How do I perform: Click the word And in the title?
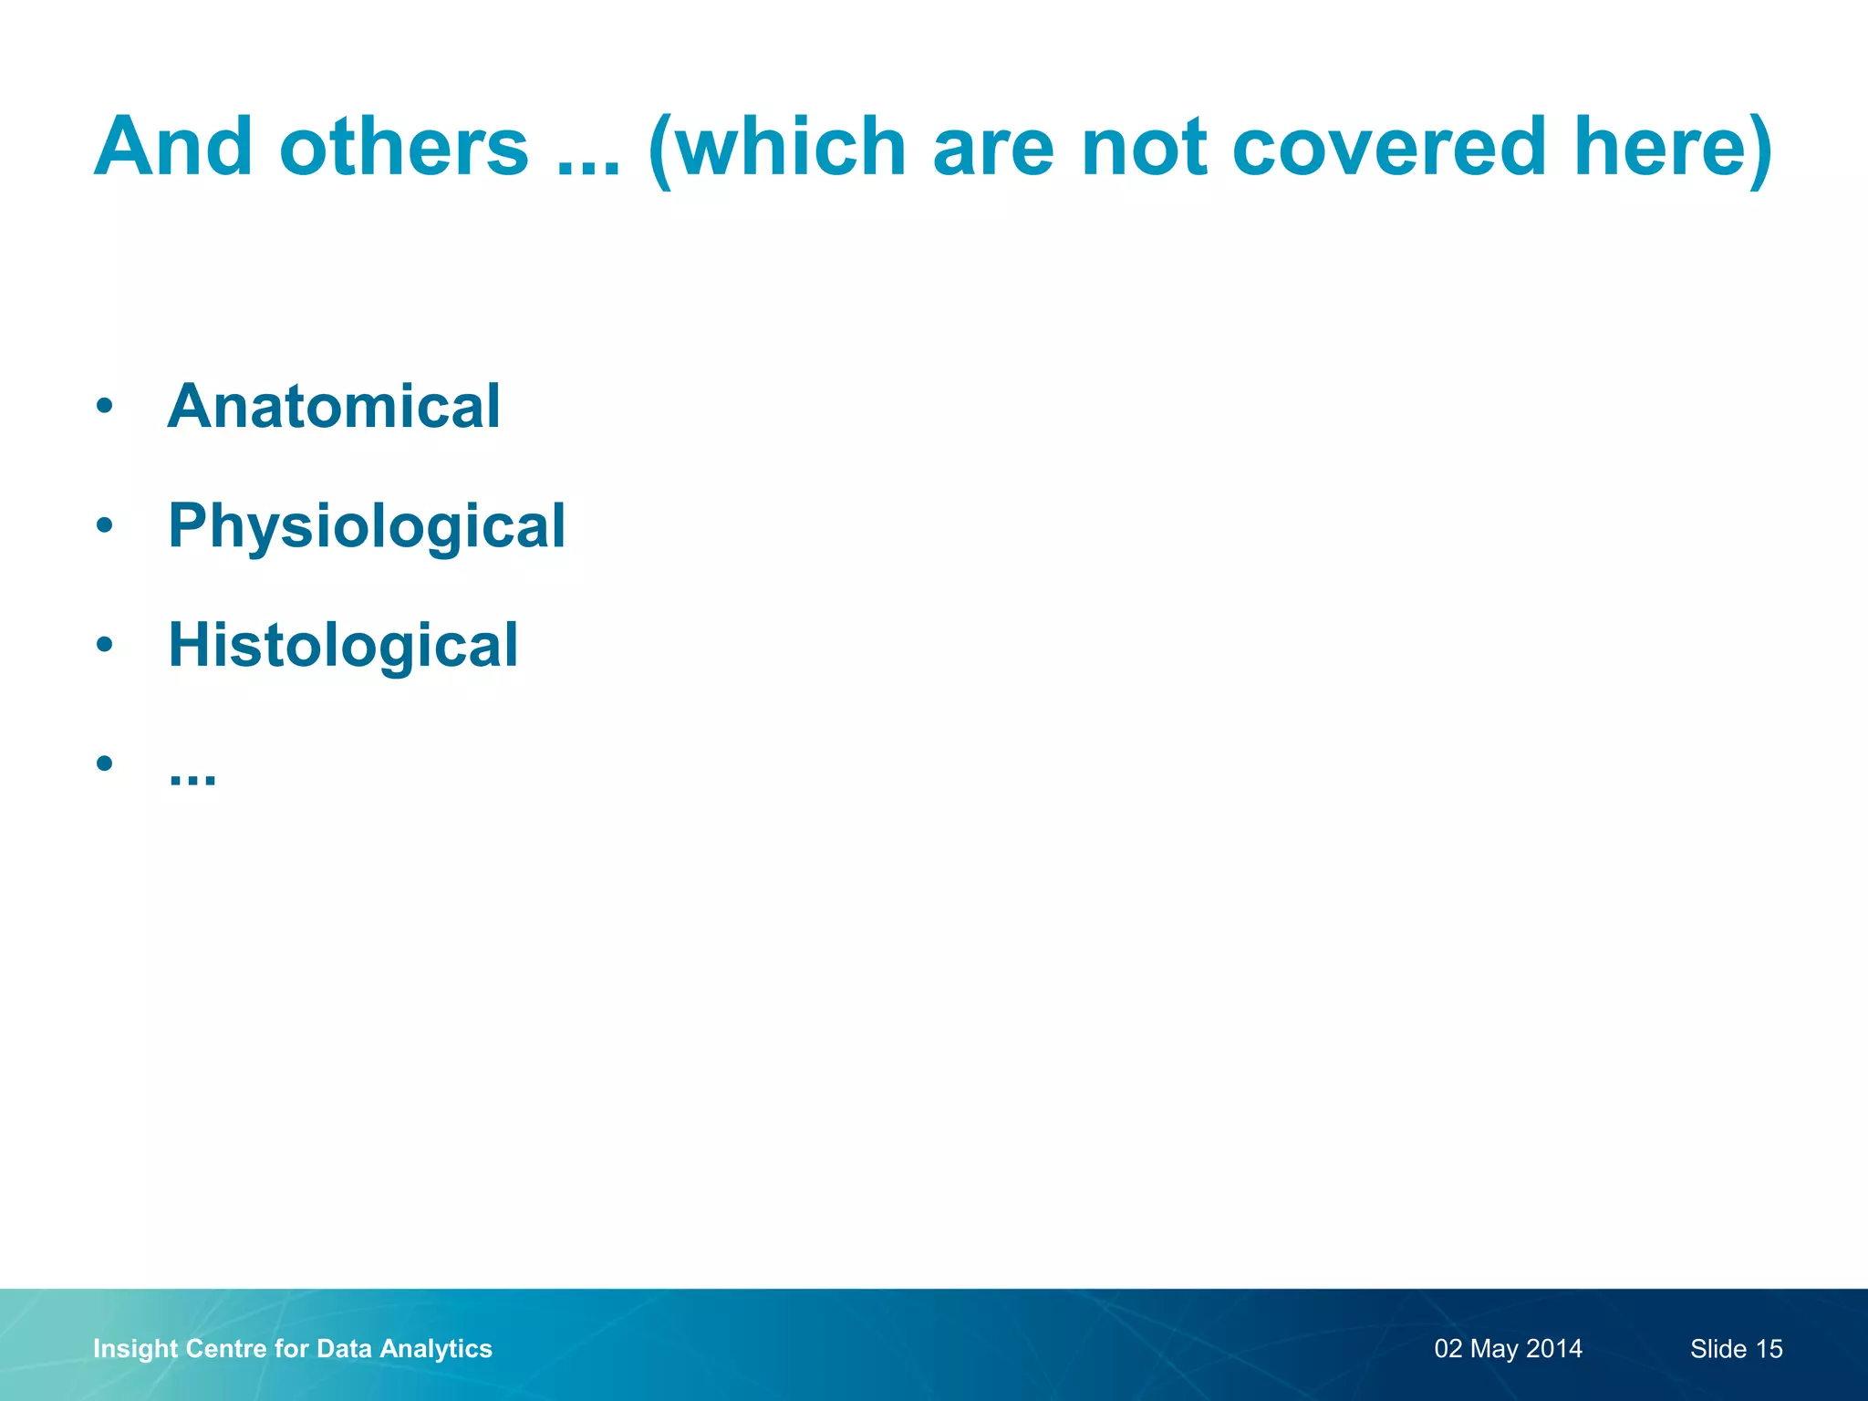point(173,147)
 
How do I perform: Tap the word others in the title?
point(404,147)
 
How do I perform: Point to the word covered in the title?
point(1389,147)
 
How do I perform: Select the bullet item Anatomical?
point(334,406)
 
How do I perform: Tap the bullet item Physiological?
point(367,526)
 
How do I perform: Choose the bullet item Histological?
point(343,645)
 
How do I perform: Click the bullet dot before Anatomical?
point(105,406)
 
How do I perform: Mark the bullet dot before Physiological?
point(105,525)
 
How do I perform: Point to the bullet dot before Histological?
point(105,645)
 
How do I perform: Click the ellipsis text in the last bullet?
point(192,775)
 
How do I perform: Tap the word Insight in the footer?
point(135,1349)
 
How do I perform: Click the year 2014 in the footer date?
point(1554,1349)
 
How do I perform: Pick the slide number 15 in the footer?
point(1769,1349)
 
